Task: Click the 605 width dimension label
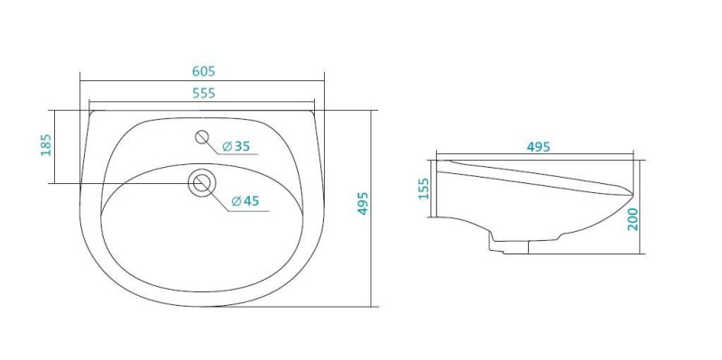point(204,71)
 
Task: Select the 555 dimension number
point(204,93)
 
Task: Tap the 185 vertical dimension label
point(46,145)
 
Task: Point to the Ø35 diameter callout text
point(236,146)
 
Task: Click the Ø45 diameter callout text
point(245,200)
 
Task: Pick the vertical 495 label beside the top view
point(363,204)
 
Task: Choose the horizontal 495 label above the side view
point(538,147)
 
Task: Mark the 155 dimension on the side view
point(423,189)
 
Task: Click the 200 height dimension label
point(633,219)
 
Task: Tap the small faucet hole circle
point(202,137)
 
